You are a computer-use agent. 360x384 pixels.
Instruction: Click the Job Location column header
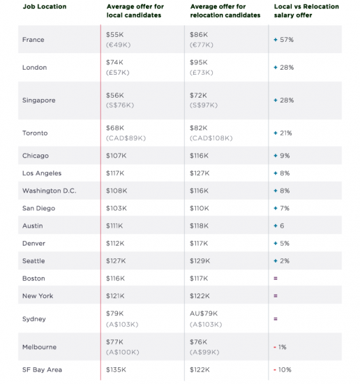click(x=45, y=6)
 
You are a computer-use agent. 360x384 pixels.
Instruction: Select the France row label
click(x=33, y=40)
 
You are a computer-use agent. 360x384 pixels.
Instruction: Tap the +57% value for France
click(x=284, y=40)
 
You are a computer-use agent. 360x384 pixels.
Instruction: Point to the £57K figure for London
click(x=118, y=73)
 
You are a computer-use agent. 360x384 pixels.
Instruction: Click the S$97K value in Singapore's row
click(x=204, y=105)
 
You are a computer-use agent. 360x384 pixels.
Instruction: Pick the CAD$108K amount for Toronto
click(x=211, y=138)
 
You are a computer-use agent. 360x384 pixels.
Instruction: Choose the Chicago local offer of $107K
click(x=117, y=156)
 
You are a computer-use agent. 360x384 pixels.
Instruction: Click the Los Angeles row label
click(x=42, y=173)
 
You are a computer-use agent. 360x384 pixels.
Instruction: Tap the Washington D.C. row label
click(x=50, y=191)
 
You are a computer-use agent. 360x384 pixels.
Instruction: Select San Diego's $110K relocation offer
click(x=200, y=209)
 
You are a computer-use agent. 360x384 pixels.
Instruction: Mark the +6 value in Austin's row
click(x=279, y=226)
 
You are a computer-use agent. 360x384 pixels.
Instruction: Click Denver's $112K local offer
click(x=115, y=244)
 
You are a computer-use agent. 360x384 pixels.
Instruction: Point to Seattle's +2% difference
click(x=281, y=261)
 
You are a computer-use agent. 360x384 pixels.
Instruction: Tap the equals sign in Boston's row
click(x=276, y=279)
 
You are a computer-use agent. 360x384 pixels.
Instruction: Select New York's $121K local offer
click(x=115, y=296)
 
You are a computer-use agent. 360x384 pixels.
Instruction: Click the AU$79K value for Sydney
click(x=204, y=313)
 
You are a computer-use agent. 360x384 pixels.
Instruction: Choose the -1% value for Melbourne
click(x=280, y=347)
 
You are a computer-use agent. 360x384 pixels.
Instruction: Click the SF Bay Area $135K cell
click(x=116, y=370)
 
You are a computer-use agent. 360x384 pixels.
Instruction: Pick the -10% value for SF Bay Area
click(x=283, y=370)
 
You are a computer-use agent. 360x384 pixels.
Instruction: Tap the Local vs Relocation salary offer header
click(x=306, y=10)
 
